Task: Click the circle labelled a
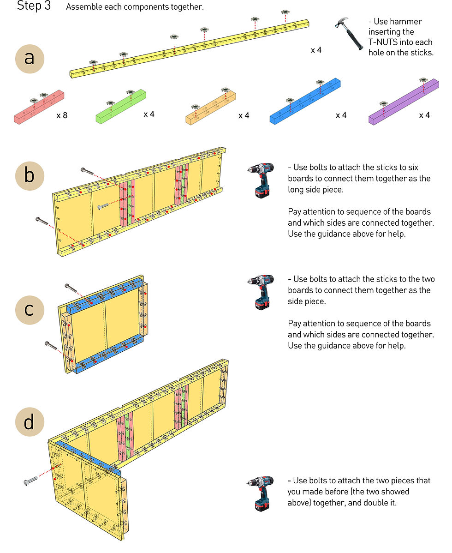click(30, 59)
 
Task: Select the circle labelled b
click(30, 176)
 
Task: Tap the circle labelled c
click(30, 309)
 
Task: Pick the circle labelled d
click(30, 422)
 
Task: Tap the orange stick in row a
click(211, 108)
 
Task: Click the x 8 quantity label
click(62, 115)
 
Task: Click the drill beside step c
click(261, 291)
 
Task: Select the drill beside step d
click(261, 493)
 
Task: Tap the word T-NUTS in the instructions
click(385, 42)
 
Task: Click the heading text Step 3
click(34, 6)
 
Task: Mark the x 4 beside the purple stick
click(424, 115)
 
